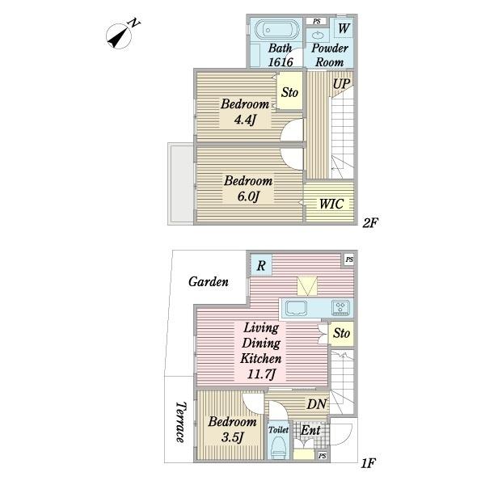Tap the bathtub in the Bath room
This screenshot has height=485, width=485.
point(278,30)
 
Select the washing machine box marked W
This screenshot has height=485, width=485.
point(344,28)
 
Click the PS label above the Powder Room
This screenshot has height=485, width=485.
point(316,21)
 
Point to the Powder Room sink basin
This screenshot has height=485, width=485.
point(318,35)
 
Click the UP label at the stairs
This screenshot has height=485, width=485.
point(341,83)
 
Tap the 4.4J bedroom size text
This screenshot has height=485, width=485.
point(246,120)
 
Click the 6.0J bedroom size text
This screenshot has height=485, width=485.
point(248,196)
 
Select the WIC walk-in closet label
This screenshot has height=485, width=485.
point(331,204)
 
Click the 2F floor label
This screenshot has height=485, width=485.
point(370,222)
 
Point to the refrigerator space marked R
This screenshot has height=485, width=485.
point(261,265)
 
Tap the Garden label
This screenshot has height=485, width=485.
point(209,281)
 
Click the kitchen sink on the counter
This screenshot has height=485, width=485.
point(297,308)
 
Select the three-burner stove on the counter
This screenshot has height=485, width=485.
point(341,307)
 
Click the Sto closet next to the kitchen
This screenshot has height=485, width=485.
point(341,333)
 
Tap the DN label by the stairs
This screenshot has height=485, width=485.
point(316,404)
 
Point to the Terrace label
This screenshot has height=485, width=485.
point(181,422)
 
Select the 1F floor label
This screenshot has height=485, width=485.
point(368,463)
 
